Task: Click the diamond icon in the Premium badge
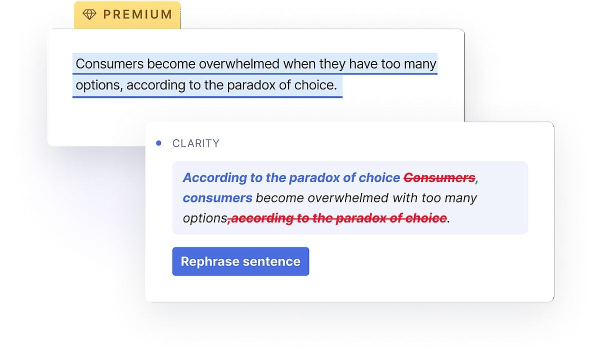tap(89, 15)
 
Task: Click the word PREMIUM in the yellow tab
tap(137, 15)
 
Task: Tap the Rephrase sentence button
tap(240, 261)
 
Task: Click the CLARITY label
tap(195, 143)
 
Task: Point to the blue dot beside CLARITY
tap(158, 143)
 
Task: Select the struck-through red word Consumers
tap(439, 177)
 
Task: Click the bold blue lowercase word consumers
tap(217, 198)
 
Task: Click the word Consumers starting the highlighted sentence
tap(109, 64)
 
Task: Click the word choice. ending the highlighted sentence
tap(315, 85)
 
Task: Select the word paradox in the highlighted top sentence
tap(251, 85)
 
